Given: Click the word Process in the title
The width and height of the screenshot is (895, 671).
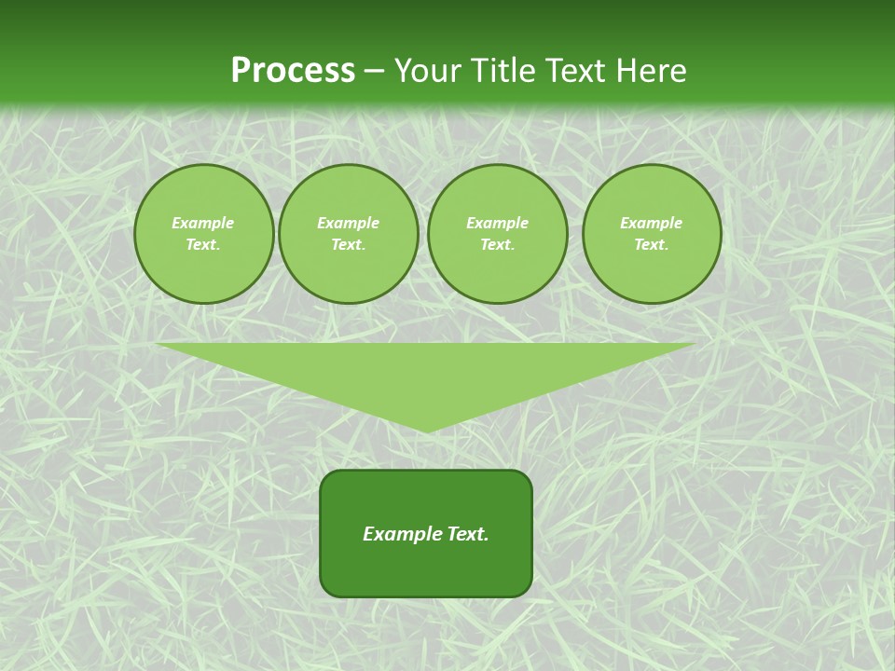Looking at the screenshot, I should click(x=293, y=71).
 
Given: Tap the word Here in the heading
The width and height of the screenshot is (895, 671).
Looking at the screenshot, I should click(x=650, y=71).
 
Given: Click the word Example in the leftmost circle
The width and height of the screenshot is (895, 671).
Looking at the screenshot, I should click(x=203, y=223).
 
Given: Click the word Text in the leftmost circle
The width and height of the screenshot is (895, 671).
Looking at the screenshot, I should click(x=202, y=245).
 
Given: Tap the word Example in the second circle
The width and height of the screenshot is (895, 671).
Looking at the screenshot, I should click(x=348, y=223).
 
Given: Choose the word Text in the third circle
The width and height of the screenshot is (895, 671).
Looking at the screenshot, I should click(x=497, y=245).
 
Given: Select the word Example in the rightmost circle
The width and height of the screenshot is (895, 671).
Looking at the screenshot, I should click(x=651, y=223).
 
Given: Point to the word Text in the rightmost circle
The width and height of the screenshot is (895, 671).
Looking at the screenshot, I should click(x=651, y=245).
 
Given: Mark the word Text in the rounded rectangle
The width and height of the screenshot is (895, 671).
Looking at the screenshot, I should click(x=467, y=534).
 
